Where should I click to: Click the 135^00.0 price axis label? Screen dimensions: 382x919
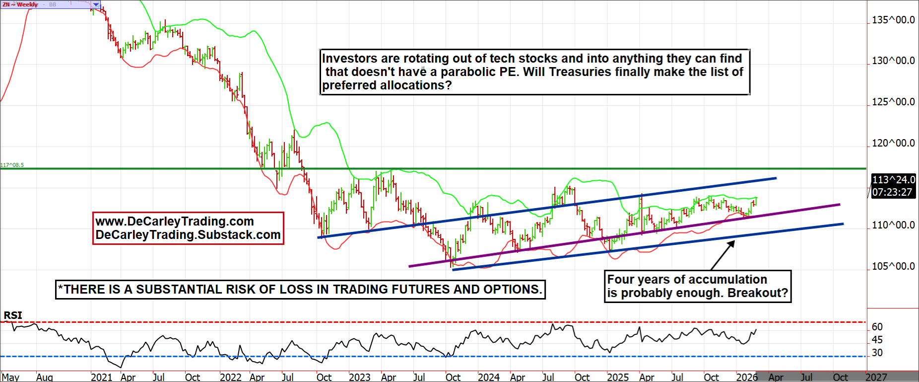tap(893, 20)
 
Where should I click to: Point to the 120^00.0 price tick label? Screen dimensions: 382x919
tap(893, 143)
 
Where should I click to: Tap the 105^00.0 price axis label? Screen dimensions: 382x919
tap(893, 266)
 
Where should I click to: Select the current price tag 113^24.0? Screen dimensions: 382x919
tap(893, 180)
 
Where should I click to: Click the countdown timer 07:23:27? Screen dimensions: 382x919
tap(892, 192)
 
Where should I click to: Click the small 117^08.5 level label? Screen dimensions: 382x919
tap(12, 165)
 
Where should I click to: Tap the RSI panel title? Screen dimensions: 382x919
tap(13, 315)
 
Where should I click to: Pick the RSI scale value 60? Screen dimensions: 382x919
tap(877, 327)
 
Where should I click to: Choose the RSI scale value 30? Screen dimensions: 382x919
tap(877, 353)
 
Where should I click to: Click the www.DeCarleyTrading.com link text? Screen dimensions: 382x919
tap(174, 222)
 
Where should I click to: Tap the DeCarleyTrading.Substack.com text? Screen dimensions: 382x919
tap(188, 235)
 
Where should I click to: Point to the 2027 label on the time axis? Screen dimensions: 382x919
tap(876, 377)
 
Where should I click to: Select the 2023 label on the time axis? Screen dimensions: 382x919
tap(359, 377)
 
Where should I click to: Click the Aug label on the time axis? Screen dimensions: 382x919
tap(44, 377)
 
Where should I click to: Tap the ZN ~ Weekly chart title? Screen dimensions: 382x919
tap(20, 4)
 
